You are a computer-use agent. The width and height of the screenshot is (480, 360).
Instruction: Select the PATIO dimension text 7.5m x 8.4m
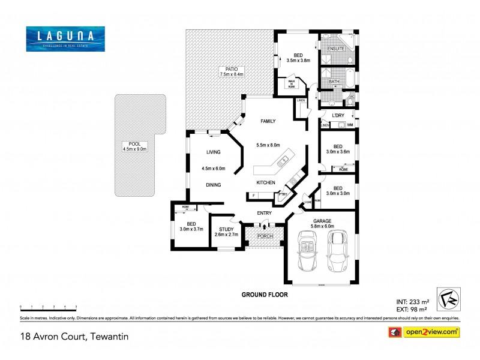(230, 74)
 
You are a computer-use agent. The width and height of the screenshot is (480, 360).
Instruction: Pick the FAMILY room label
(268, 121)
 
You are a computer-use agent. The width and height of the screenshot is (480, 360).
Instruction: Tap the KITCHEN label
(266, 182)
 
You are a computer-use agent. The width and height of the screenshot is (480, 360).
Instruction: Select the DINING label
(214, 185)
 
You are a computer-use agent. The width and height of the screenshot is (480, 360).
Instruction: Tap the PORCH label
(265, 236)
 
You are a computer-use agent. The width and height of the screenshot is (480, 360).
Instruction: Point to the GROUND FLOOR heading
(265, 295)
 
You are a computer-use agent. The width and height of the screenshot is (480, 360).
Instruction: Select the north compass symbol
(443, 295)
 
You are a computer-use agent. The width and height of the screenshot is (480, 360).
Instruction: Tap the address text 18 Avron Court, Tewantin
(74, 337)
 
